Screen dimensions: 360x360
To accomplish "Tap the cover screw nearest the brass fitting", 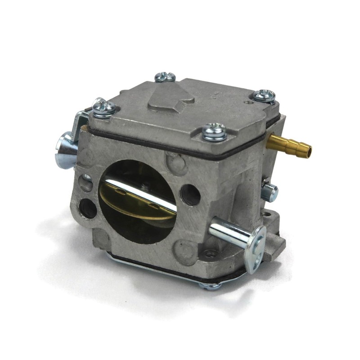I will point(265,95).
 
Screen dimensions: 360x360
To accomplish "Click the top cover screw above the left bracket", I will point(105,108).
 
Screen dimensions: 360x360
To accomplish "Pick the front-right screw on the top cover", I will point(214,131).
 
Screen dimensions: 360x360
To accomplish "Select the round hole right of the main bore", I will point(190,195).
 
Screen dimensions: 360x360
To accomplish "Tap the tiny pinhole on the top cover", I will point(247,102).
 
